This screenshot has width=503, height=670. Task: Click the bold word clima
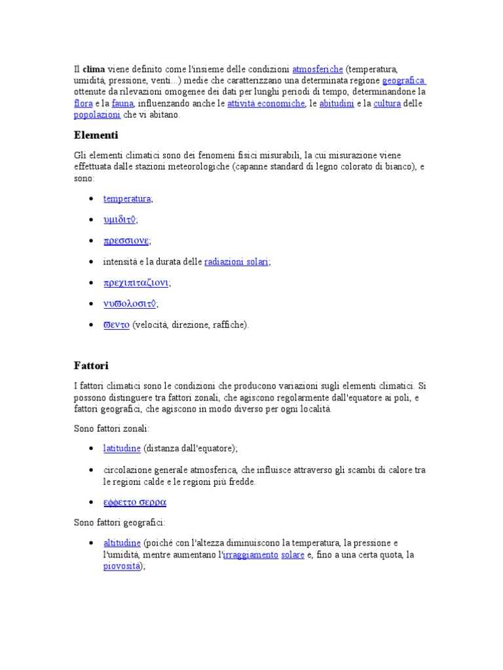click(x=94, y=69)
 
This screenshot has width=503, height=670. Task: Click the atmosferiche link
click(x=318, y=69)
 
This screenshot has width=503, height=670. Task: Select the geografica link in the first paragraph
click(x=403, y=81)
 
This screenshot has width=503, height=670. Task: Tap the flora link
click(x=83, y=103)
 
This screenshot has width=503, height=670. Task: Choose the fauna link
click(x=122, y=103)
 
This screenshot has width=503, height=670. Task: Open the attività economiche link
click(x=267, y=103)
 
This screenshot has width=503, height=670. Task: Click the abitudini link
click(x=337, y=103)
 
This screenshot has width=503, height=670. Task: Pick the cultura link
click(x=387, y=103)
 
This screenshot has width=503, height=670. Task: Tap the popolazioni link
click(x=97, y=115)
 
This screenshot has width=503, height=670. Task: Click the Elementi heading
click(x=96, y=135)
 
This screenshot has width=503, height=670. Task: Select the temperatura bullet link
click(x=127, y=198)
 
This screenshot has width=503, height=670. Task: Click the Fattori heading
click(x=92, y=365)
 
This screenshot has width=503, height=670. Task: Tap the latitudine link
click(x=122, y=448)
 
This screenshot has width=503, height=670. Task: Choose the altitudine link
click(x=122, y=543)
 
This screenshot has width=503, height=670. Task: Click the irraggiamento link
click(x=251, y=555)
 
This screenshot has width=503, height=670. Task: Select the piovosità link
click(x=121, y=567)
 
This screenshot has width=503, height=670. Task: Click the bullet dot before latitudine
click(x=90, y=449)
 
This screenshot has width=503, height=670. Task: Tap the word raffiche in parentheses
click(x=229, y=325)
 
